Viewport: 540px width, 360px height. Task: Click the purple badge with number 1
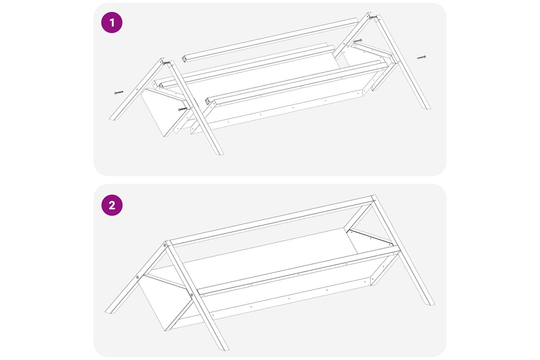coord(112,22)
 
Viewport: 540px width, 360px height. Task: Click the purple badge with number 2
coord(112,205)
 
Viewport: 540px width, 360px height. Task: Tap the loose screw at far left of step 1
coord(119,93)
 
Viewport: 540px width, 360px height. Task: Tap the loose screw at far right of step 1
coord(422,57)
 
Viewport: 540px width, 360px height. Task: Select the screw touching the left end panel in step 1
coord(183,109)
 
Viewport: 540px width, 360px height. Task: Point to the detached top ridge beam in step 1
coord(270,40)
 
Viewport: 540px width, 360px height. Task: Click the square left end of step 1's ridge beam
coord(184,59)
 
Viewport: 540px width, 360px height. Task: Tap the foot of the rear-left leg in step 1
coord(113,118)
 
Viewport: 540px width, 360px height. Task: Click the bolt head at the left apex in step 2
coord(165,245)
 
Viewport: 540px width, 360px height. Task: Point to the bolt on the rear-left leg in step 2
coord(138,277)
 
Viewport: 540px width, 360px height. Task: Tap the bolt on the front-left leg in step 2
coord(192,294)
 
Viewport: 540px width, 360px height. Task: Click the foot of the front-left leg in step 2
coord(225,348)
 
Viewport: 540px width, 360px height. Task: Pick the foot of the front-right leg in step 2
coord(431,303)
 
